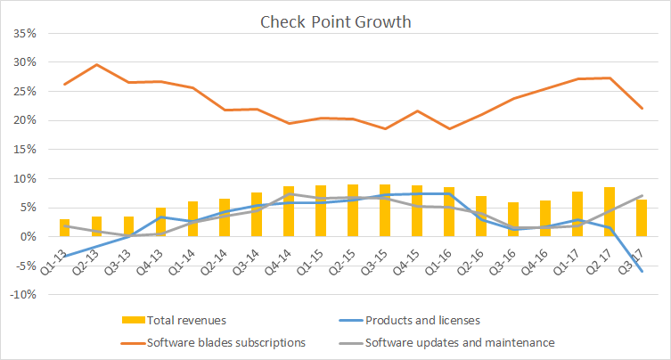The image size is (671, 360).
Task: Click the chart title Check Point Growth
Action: (x=335, y=21)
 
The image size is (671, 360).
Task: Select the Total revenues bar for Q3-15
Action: (x=385, y=210)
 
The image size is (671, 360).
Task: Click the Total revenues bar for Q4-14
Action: (x=289, y=211)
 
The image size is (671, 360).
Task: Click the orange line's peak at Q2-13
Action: (x=96, y=64)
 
